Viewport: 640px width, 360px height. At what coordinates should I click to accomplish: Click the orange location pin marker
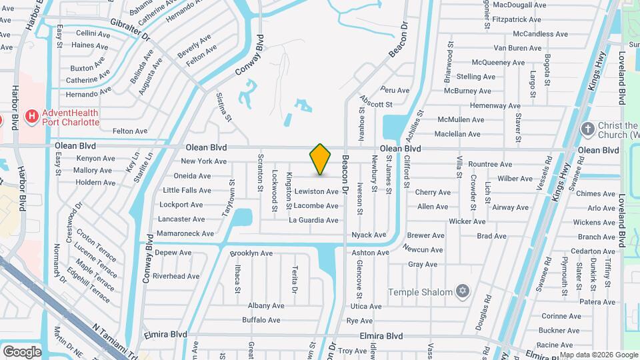(x=321, y=159)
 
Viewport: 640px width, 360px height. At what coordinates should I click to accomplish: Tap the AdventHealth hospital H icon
(x=31, y=117)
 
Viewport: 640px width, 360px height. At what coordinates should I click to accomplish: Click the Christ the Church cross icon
(x=587, y=129)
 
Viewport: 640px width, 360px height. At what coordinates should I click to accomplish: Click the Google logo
(x=22, y=351)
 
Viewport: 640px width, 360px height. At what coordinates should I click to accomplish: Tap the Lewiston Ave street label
(x=317, y=191)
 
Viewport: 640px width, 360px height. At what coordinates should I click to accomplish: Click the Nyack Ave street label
(x=369, y=235)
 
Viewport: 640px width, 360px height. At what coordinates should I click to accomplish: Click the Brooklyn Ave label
(x=251, y=253)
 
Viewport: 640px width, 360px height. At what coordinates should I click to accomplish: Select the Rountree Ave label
(x=490, y=164)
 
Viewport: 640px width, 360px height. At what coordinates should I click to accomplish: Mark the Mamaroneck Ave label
(x=185, y=234)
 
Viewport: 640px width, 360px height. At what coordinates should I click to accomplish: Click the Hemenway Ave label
(x=494, y=105)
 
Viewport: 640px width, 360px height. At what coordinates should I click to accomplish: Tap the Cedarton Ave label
(x=578, y=251)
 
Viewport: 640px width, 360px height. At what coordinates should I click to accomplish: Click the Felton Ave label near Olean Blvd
(x=130, y=131)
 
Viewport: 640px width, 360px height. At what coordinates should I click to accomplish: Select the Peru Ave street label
(x=395, y=89)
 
